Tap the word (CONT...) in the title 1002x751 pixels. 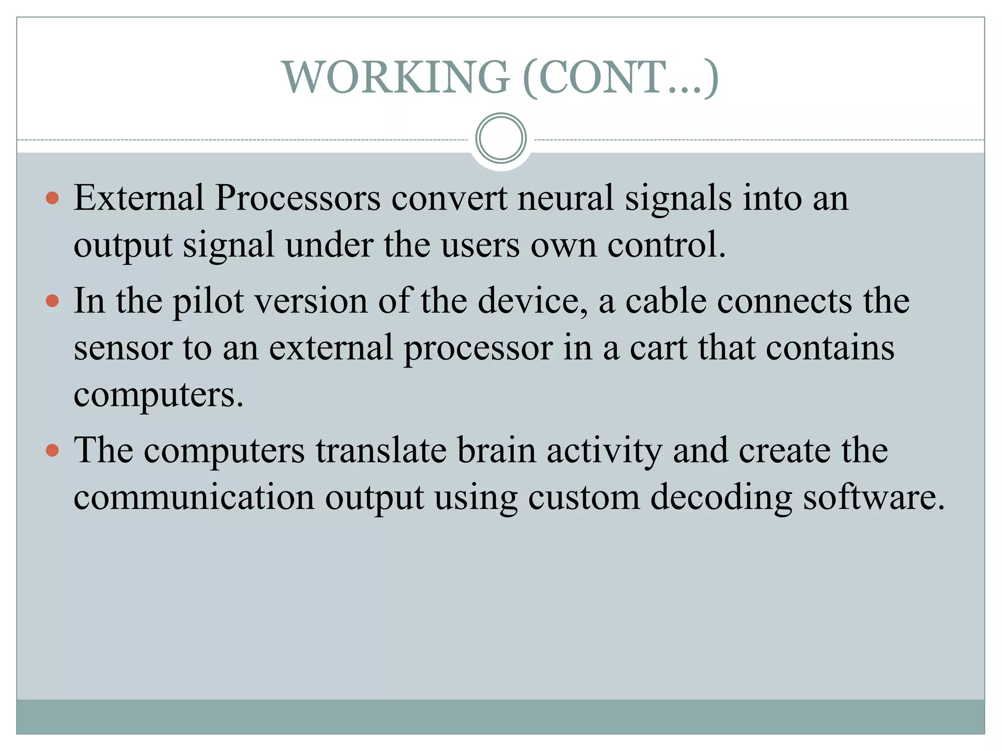click(620, 77)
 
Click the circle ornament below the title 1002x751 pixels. click(501, 138)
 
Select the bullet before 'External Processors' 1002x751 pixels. click(52, 198)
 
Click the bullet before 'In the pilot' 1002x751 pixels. click(52, 300)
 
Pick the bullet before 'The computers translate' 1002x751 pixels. click(52, 450)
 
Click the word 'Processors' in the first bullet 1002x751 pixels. click(297, 198)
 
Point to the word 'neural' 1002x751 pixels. click(566, 198)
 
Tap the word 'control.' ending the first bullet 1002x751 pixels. click(666, 244)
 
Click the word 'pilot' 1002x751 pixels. click(208, 301)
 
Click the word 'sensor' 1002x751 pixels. click(123, 349)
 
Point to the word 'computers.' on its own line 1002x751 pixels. click(158, 395)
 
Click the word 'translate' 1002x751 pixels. click(381, 450)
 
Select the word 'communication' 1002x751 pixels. click(194, 497)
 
